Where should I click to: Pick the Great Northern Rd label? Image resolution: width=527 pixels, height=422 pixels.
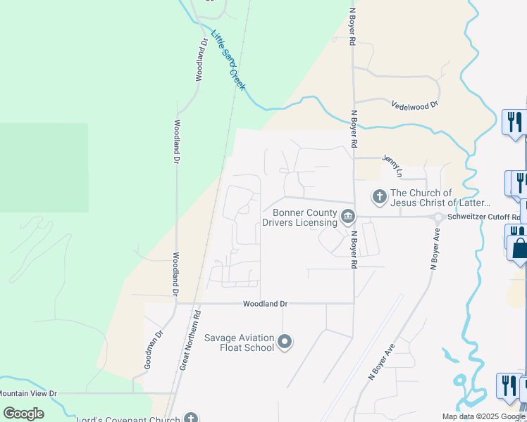coord(191,340)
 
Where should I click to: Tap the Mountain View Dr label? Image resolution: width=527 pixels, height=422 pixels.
coord(28,393)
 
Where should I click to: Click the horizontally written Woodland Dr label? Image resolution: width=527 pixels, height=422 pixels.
coord(266,304)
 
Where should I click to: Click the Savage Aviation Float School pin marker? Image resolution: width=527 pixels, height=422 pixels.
coord(285,343)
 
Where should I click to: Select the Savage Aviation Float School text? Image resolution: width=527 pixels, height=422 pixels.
coord(239,343)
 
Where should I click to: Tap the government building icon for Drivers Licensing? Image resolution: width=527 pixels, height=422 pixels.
coord(347,216)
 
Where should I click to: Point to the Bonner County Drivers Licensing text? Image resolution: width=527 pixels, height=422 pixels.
coord(299,217)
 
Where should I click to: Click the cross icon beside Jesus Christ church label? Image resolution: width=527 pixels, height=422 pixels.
coord(379,196)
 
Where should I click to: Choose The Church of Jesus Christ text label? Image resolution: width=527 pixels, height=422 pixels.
coord(430,198)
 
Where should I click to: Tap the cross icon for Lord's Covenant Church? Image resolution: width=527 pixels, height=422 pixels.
coord(190,418)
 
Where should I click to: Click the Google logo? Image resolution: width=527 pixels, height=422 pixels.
coord(24,414)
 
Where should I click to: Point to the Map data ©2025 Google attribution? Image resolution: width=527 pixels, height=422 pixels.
coord(484,416)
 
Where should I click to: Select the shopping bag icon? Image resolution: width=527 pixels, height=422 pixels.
coord(520,248)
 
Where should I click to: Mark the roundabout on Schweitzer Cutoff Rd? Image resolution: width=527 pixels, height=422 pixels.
coord(438,217)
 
